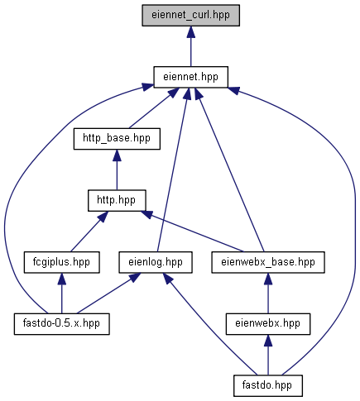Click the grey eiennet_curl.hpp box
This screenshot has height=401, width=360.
[190, 16]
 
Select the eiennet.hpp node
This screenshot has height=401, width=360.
[190, 77]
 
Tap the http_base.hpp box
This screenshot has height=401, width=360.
[117, 139]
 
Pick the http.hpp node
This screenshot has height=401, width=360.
[117, 201]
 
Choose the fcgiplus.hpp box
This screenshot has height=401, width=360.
[61, 262]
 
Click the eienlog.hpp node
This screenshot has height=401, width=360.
[156, 262]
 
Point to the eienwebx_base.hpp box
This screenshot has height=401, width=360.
[268, 262]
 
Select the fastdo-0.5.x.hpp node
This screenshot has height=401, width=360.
[62, 324]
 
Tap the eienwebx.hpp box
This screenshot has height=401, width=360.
[268, 324]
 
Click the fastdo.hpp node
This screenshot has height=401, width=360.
[268, 386]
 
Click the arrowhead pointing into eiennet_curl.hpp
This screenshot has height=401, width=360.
[190, 32]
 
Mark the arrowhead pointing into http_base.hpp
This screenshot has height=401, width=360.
[117, 155]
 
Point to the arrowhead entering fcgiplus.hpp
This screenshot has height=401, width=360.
[61, 279]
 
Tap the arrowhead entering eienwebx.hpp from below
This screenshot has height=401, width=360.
[268, 341]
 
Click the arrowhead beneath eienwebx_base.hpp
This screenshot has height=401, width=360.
[268, 279]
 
